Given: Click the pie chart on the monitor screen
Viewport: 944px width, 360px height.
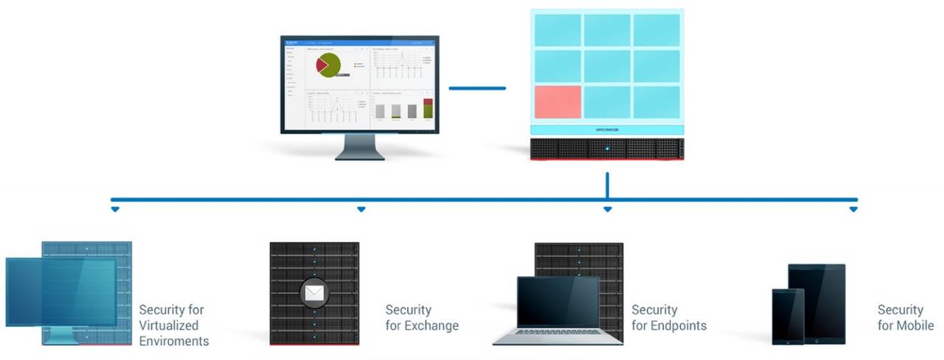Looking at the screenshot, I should pyautogui.click(x=329, y=65).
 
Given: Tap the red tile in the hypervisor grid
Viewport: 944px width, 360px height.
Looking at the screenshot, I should pyautogui.click(x=558, y=102).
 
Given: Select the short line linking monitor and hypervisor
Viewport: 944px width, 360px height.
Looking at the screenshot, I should pyautogui.click(x=477, y=89).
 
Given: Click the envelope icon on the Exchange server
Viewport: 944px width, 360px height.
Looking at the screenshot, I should pyautogui.click(x=313, y=293).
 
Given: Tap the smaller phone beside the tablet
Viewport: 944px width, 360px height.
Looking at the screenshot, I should pyautogui.click(x=787, y=316).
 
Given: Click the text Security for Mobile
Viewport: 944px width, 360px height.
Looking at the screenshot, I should pyautogui.click(x=905, y=317).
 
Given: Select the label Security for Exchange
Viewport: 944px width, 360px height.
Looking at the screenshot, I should pyautogui.click(x=422, y=317).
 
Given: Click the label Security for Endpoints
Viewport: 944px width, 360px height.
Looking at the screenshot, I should pyautogui.click(x=668, y=317).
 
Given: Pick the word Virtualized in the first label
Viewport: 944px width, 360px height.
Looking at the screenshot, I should pyautogui.click(x=168, y=325).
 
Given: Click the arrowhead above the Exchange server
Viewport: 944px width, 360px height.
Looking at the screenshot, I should pyautogui.click(x=361, y=210).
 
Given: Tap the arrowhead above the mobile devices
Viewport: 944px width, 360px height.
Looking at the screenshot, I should pyautogui.click(x=853, y=210).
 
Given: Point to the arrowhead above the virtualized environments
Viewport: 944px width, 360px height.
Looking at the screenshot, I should pyautogui.click(x=115, y=210).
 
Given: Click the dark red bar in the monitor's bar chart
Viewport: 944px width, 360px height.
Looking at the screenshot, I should pyautogui.click(x=427, y=102).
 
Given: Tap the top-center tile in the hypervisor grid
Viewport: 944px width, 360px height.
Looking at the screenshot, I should pyautogui.click(x=607, y=30).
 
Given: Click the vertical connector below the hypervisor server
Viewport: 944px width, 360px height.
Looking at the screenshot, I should pyautogui.click(x=607, y=186).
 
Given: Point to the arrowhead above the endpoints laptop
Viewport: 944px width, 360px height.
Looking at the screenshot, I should pyautogui.click(x=607, y=210).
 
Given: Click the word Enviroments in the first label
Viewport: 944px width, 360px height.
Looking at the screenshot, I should pyautogui.click(x=174, y=341).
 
